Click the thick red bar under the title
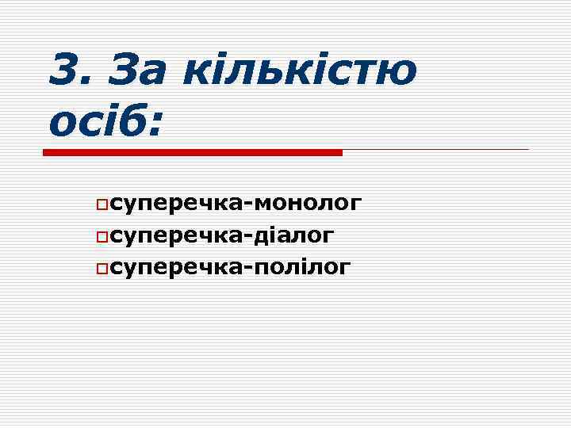(x=192, y=151)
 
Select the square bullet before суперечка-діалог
(x=102, y=237)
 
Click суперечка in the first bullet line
(x=179, y=204)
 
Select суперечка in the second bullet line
(x=179, y=236)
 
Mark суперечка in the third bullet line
(x=179, y=268)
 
